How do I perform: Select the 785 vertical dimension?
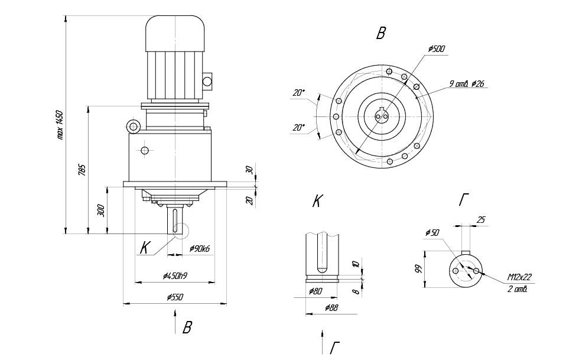pyautogui.click(x=82, y=170)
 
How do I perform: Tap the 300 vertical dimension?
pyautogui.click(x=101, y=210)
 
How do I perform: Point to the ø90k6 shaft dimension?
pyautogui.click(x=200, y=249)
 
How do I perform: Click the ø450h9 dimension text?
pyautogui.click(x=175, y=275)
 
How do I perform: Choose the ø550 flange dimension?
pyautogui.click(x=174, y=297)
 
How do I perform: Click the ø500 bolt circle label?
pyautogui.click(x=437, y=48)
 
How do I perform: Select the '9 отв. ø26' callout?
pyautogui.click(x=467, y=84)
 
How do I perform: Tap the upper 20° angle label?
pyautogui.click(x=299, y=92)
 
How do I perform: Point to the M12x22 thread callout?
pyautogui.click(x=519, y=277)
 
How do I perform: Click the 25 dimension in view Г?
pyautogui.click(x=480, y=220)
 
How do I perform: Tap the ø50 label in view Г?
pyautogui.click(x=432, y=233)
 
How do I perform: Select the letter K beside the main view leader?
pyautogui.click(x=144, y=248)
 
